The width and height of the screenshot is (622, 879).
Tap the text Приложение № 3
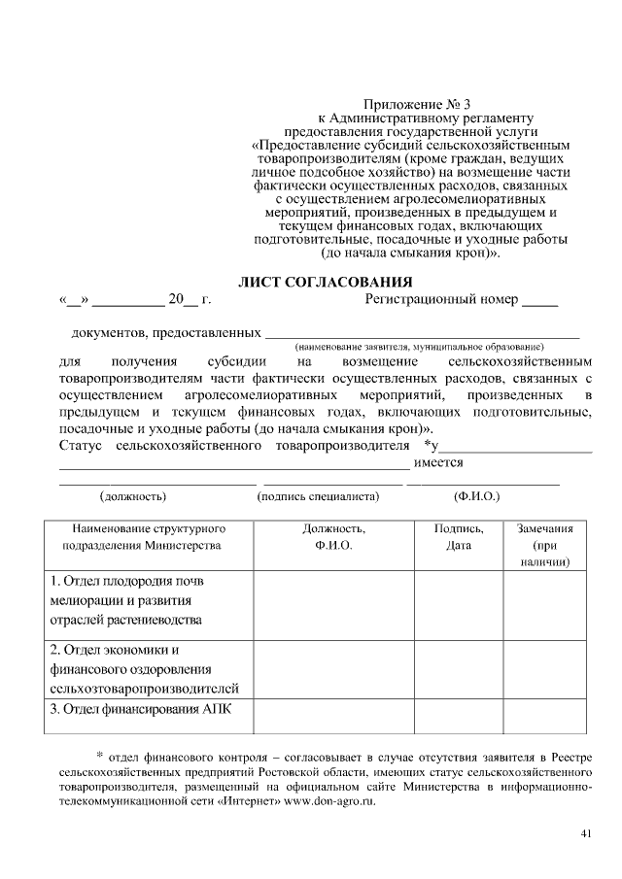[x=416, y=104]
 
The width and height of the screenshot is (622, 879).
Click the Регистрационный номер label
[x=441, y=299]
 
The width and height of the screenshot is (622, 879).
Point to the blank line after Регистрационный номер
[x=540, y=303]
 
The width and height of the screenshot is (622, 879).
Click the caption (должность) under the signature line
[x=133, y=496]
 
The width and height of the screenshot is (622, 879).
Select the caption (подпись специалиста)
[x=318, y=496]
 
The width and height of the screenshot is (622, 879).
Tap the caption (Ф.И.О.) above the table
[x=476, y=496]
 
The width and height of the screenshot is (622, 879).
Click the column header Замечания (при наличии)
[x=544, y=545]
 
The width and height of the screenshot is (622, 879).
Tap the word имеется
[x=438, y=462]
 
